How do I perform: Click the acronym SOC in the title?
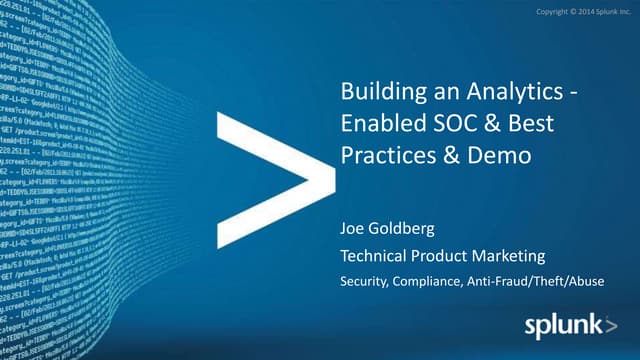click(x=456, y=126)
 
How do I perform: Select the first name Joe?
click(x=354, y=229)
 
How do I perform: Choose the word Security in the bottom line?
click(x=364, y=283)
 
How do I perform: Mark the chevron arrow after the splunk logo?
click(x=609, y=325)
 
